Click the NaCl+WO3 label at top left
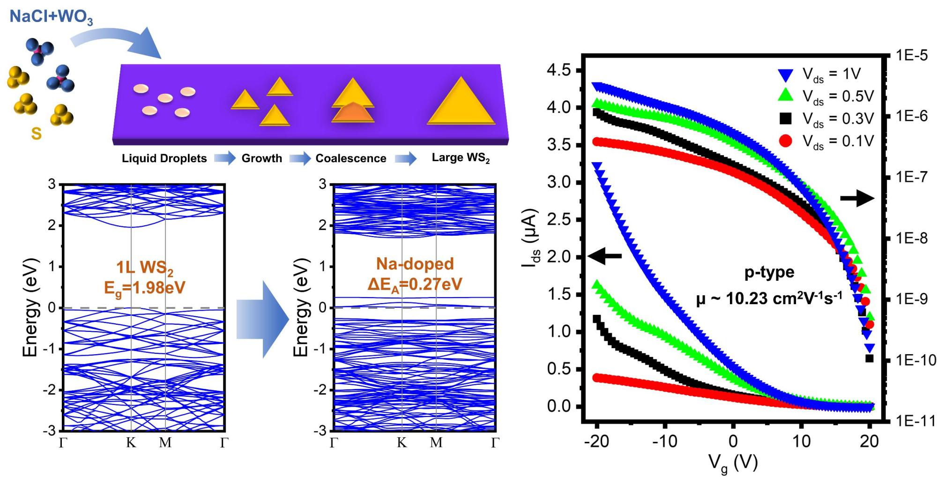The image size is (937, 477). point(51,17)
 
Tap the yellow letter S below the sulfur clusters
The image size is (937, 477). point(36,134)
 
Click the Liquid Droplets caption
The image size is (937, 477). point(164,158)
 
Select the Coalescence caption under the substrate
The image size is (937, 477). point(351,158)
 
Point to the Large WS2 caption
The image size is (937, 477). point(461,158)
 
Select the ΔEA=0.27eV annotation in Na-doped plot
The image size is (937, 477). point(415,284)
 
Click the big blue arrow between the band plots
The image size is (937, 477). point(262,319)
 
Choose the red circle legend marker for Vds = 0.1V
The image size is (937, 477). point(786,141)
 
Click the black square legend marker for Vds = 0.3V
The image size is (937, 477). point(786,119)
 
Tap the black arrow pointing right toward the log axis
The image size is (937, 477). point(857,199)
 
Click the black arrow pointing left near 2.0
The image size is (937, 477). point(605,256)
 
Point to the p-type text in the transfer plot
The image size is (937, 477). point(769,272)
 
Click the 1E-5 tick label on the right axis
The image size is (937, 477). point(911,55)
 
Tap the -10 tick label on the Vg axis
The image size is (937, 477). point(664,441)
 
